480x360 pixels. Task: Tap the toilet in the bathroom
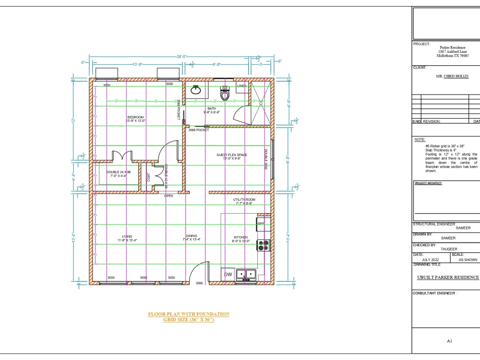(x=225, y=93)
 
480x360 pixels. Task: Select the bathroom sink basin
(x=196, y=90)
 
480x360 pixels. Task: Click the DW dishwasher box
(x=228, y=275)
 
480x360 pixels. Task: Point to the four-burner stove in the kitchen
(x=263, y=245)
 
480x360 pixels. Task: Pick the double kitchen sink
(x=246, y=275)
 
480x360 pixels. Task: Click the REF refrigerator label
(x=261, y=224)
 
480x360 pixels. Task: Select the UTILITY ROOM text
(x=244, y=199)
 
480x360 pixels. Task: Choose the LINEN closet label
(x=242, y=86)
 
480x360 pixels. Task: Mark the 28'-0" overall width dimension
(x=181, y=57)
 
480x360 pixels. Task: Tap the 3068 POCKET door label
(x=199, y=130)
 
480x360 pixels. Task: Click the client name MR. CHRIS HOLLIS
(x=452, y=76)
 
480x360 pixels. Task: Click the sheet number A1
(x=449, y=341)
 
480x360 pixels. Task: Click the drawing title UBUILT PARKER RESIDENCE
(x=448, y=277)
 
